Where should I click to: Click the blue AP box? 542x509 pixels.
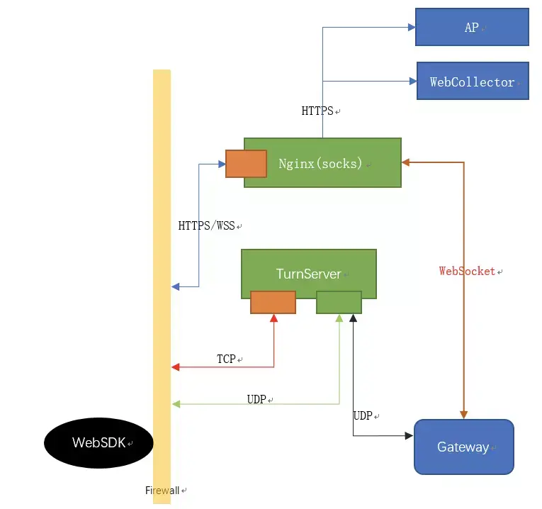pyautogui.click(x=471, y=28)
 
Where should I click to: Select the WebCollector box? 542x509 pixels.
pyautogui.click(x=472, y=82)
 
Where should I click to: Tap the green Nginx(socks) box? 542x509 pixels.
pyautogui.click(x=322, y=163)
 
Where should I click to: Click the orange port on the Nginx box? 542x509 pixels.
pyautogui.click(x=246, y=164)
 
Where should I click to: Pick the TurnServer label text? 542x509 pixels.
pyautogui.click(x=308, y=274)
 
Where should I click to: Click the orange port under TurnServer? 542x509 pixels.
pyautogui.click(x=273, y=302)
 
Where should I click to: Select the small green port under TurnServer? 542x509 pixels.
pyautogui.click(x=339, y=302)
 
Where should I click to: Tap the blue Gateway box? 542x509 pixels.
pyautogui.click(x=463, y=447)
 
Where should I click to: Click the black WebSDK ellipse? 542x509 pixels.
pyautogui.click(x=98, y=443)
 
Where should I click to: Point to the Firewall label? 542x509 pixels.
pyautogui.click(x=162, y=491)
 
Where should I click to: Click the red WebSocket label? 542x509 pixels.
pyautogui.click(x=467, y=271)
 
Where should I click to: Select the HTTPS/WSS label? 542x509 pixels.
pyautogui.click(x=207, y=226)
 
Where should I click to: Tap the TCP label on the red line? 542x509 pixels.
pyautogui.click(x=227, y=359)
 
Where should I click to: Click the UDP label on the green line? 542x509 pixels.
pyautogui.click(x=256, y=400)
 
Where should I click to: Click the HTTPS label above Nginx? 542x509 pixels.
pyautogui.click(x=318, y=111)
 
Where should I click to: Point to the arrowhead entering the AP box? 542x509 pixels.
pyautogui.click(x=410, y=28)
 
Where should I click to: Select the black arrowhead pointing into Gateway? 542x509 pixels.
pyautogui.click(x=409, y=435)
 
